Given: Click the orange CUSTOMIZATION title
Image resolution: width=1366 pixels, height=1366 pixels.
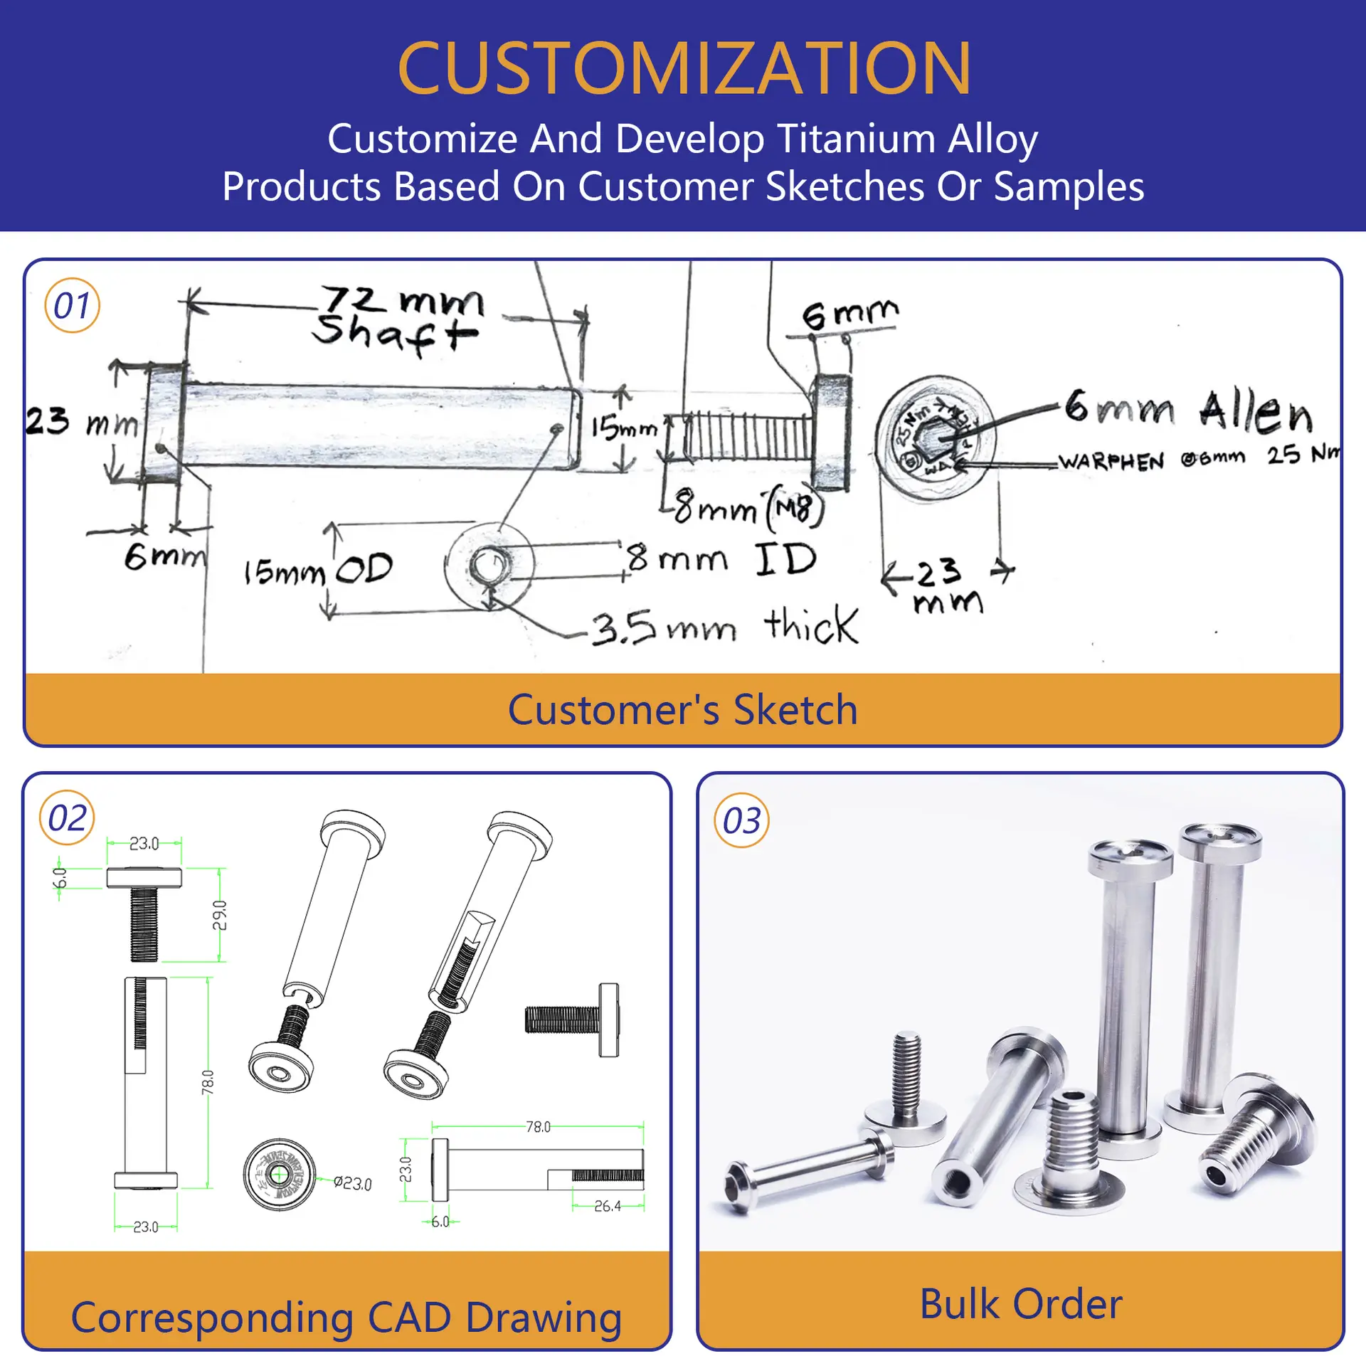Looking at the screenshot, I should pos(684,68).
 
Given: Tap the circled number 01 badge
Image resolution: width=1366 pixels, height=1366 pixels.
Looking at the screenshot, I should pos(72,306).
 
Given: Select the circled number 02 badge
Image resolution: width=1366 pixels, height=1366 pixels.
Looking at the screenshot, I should pos(67,818).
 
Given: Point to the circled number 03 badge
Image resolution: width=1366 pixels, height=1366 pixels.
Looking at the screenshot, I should pos(741,821).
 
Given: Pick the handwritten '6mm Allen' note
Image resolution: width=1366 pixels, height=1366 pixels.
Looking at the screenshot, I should pos(1188,411).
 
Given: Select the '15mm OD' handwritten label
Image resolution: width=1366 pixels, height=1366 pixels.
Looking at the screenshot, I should pos(318,569).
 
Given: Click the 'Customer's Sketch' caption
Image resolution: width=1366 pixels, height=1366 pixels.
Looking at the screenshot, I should pos(683,709).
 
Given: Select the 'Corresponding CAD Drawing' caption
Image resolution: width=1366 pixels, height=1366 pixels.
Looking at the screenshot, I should pos(346,1318).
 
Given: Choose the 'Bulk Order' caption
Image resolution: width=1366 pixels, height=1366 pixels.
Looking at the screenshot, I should pos(1021,1303).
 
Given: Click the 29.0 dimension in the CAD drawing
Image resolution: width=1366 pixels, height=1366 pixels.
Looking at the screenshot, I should pos(220,915).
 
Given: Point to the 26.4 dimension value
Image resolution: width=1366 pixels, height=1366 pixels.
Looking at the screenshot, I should pos(607,1206).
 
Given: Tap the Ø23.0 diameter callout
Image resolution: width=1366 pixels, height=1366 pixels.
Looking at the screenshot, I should pos(353,1183).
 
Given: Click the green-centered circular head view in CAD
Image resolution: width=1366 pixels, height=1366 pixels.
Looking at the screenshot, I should pos(279,1175).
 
